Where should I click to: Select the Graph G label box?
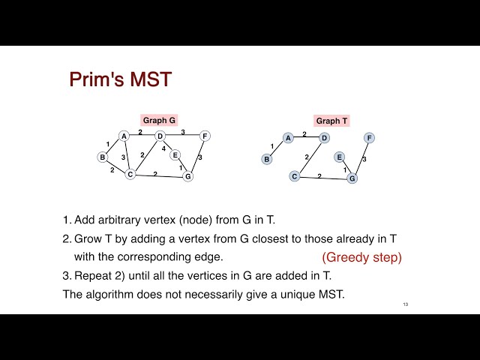tap(159, 120)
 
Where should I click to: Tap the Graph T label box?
tap(332, 121)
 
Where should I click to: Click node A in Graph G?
tap(124, 136)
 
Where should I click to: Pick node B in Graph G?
tap(102, 157)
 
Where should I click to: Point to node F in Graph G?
tap(205, 136)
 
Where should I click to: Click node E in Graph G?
tap(175, 155)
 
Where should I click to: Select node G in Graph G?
tap(187, 177)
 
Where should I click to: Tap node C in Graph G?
tap(130, 175)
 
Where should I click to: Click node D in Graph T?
tap(324, 138)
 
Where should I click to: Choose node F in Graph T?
tap(369, 138)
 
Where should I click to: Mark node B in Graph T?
tap(266, 159)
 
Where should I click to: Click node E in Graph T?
tap(339, 157)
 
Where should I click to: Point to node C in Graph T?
tap(294, 176)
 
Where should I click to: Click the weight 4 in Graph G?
tap(164, 148)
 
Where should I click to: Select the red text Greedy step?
tap(362, 257)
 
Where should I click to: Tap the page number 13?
tap(406, 304)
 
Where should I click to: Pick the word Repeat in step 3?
tap(92, 275)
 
